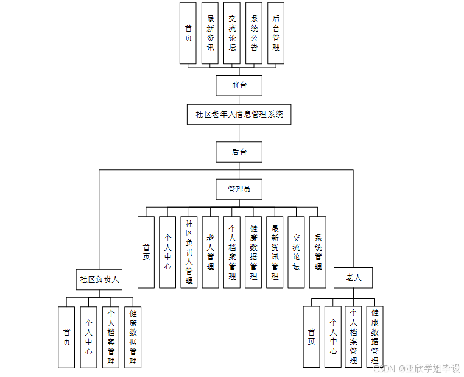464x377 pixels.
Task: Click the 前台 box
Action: tap(239, 85)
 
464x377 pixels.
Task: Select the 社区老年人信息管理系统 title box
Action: tap(239, 115)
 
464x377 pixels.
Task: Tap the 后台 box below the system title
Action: tap(239, 152)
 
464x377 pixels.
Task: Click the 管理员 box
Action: tap(239, 189)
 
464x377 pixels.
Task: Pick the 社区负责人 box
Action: tap(99, 279)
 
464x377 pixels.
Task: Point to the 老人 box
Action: tap(353, 278)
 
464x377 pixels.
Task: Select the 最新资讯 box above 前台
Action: tap(210, 33)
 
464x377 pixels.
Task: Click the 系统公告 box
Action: tap(254, 33)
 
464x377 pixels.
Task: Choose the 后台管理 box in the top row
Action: tap(276, 33)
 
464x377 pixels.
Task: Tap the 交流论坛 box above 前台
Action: tap(232, 33)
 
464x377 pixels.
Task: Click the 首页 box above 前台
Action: tap(188, 33)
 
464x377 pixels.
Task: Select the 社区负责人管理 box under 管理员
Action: tap(189, 252)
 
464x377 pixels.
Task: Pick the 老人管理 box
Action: tap(210, 252)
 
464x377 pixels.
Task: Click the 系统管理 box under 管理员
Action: tap(318, 252)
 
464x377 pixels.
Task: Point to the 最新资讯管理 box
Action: tap(275, 252)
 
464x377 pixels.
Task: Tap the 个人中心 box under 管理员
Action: tap(167, 252)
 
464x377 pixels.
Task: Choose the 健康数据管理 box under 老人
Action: tap(375, 337)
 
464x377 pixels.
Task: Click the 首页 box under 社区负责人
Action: tap(66, 337)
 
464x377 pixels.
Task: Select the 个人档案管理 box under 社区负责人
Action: tap(111, 337)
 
